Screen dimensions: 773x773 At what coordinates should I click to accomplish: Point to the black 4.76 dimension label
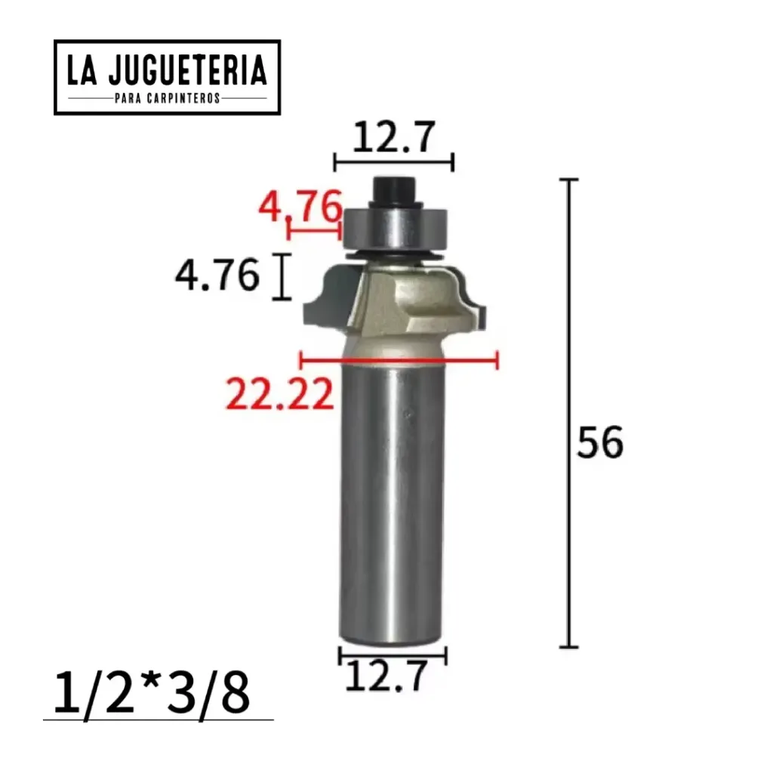(217, 276)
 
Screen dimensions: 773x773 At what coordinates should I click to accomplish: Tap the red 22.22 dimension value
(279, 393)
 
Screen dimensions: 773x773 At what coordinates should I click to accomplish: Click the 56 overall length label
(600, 443)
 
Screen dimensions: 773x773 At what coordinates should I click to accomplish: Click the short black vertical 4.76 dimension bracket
(282, 277)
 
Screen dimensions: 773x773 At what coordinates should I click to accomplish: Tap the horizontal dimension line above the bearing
(393, 162)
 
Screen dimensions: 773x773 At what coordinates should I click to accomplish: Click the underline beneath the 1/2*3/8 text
(159, 719)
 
